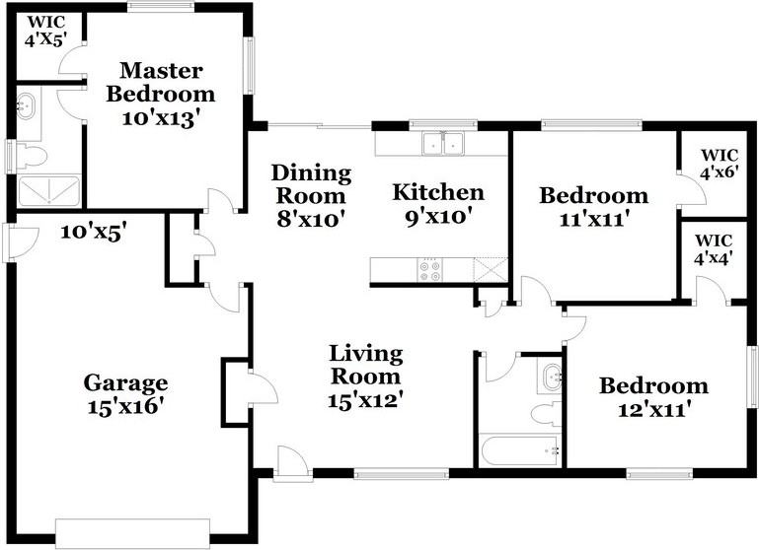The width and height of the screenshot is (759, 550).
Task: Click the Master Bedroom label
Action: [x=161, y=95]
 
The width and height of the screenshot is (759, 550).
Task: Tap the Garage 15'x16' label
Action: [x=125, y=393]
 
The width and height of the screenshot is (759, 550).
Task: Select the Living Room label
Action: [x=365, y=377]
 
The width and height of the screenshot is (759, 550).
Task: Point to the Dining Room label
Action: [x=312, y=196]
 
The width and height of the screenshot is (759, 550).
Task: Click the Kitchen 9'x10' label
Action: [x=438, y=203]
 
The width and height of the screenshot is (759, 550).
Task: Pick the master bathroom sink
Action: [x=27, y=103]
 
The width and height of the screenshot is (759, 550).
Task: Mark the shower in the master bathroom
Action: [x=46, y=190]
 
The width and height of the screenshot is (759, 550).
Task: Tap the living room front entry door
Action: [x=290, y=463]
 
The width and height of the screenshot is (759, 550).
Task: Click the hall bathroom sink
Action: [x=551, y=375]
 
